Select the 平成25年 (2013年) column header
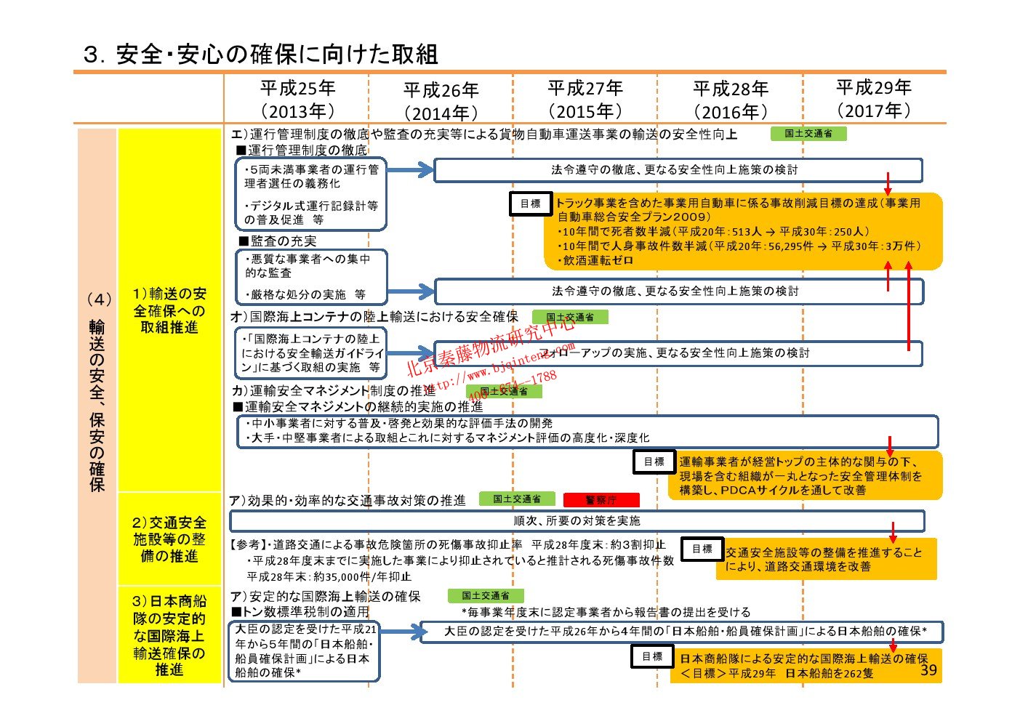coord(297,99)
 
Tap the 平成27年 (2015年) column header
coord(585,99)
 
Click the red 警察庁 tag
coord(601,499)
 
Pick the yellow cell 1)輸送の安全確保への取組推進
coord(169,310)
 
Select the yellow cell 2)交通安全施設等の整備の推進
coord(169,539)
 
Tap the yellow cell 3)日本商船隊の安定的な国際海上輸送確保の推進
coord(169,635)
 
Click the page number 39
coord(928,670)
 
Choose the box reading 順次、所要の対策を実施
coord(577,521)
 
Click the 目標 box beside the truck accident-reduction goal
coord(531,204)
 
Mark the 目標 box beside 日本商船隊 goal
coord(652,656)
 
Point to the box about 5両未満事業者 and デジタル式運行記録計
coord(311,194)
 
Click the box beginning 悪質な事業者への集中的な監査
coord(311,277)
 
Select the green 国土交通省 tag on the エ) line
coord(808,134)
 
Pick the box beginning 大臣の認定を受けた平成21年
coord(305,650)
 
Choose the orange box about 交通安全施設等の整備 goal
coord(825,559)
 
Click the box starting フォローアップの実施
coord(678,353)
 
